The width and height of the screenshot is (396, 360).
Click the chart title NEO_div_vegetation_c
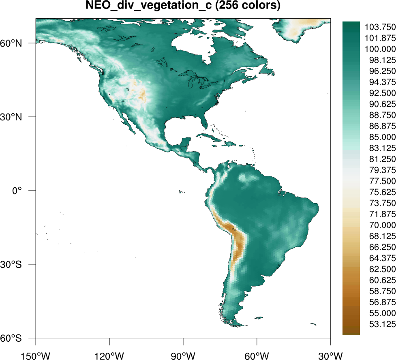pyautogui.click(x=183, y=6)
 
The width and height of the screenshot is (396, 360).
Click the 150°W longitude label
pyautogui.click(x=36, y=351)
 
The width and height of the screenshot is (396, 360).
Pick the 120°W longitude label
pyautogui.click(x=109, y=351)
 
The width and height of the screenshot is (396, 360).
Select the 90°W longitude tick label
pyautogui.click(x=183, y=351)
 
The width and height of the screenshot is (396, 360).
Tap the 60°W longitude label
pyautogui.click(x=257, y=351)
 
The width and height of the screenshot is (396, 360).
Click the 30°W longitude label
pyautogui.click(x=330, y=351)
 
